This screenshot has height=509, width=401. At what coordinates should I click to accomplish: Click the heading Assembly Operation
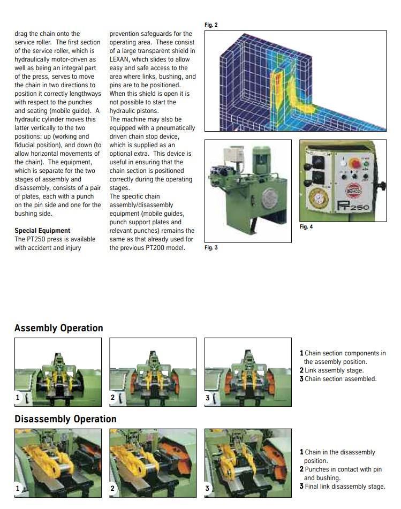click(x=59, y=328)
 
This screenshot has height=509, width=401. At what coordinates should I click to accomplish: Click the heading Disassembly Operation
click(x=65, y=419)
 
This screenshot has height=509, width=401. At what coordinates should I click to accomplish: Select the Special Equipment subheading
click(x=42, y=231)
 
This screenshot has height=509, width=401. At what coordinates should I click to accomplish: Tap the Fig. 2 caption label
click(x=211, y=25)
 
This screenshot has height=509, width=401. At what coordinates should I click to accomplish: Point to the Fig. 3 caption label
click(x=211, y=248)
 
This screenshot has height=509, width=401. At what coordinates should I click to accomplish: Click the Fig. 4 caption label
click(x=306, y=227)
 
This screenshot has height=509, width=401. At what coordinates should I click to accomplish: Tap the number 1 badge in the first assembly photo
click(x=19, y=398)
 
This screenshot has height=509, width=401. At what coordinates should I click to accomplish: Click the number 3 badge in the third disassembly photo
click(x=208, y=488)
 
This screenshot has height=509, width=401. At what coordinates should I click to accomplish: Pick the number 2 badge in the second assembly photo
click(x=113, y=398)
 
